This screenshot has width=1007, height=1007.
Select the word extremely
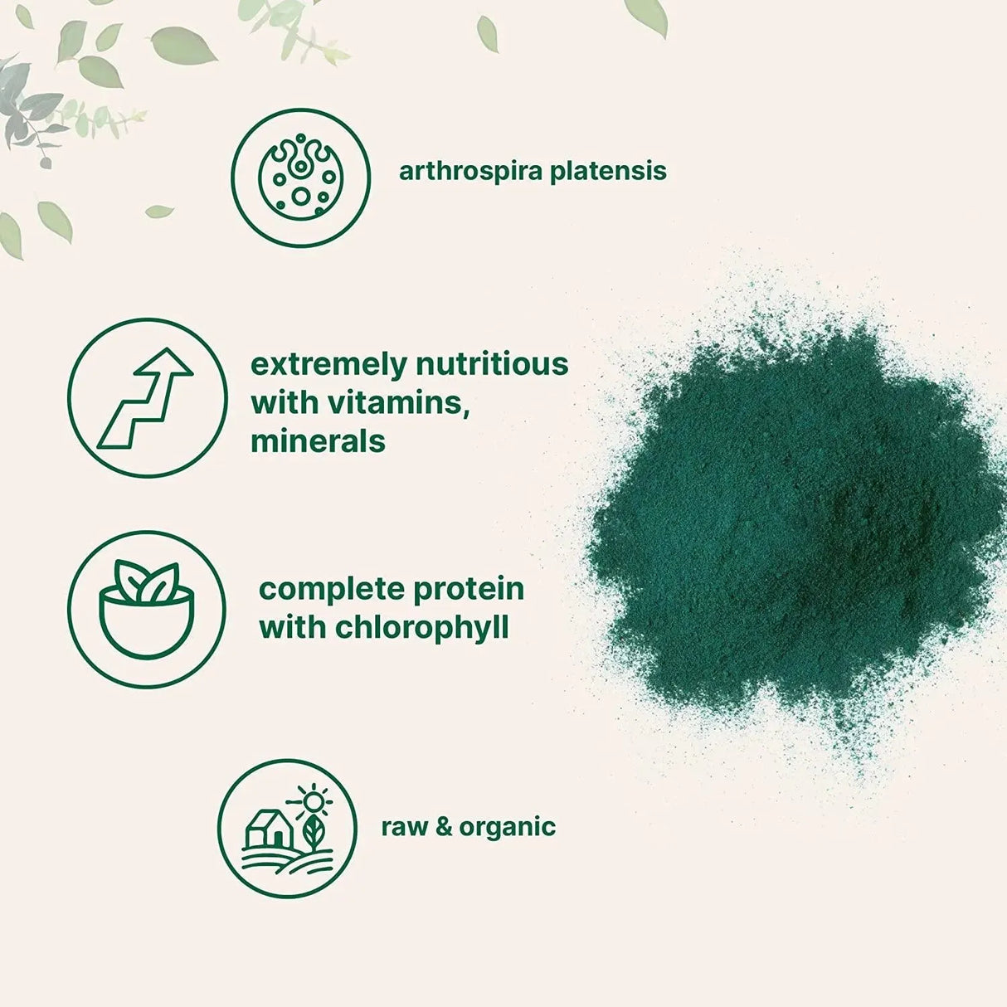[328, 365]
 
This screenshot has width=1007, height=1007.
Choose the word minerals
[318, 441]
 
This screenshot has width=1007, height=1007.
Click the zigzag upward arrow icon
[147, 397]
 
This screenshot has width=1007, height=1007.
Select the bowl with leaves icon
[147, 611]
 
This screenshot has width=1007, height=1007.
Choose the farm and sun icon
[287, 829]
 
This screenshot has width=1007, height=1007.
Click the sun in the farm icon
[314, 801]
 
